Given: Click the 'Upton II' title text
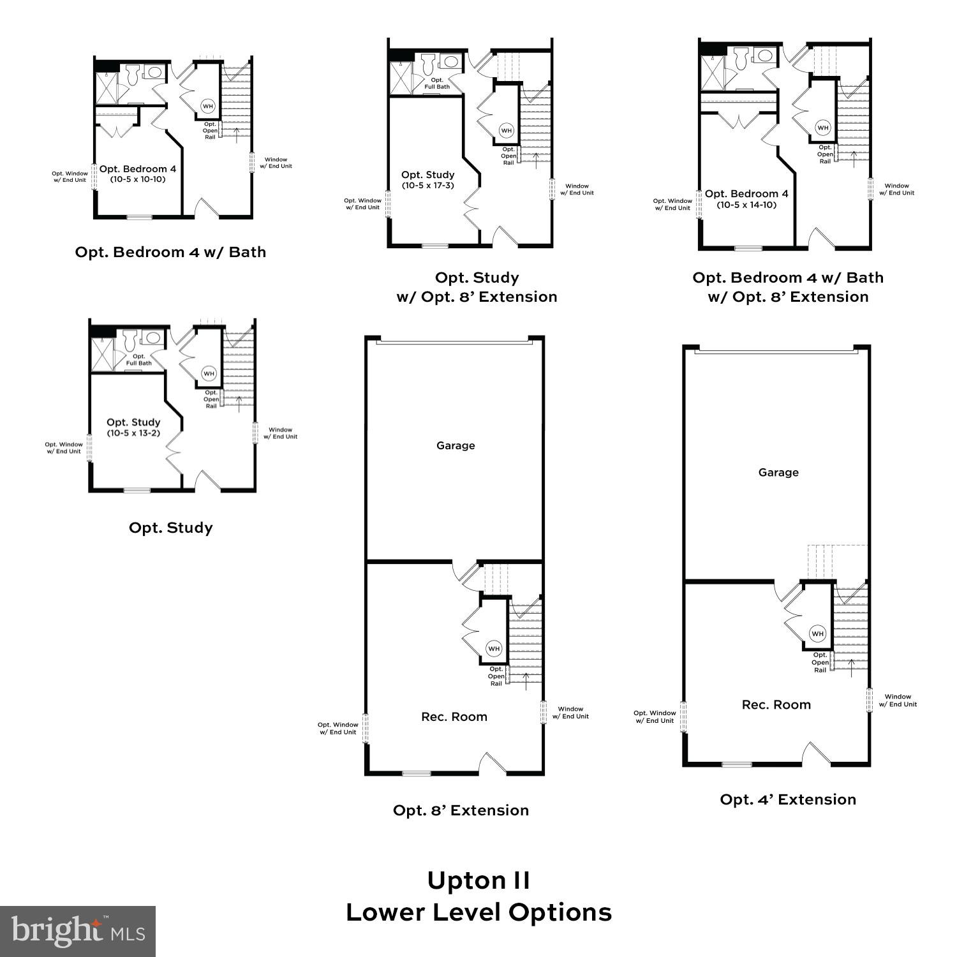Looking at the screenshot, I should (478, 880).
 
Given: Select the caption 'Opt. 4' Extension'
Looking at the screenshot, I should (788, 799).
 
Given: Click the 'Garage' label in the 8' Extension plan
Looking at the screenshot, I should (456, 445).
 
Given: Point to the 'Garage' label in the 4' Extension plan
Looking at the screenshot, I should (778, 472).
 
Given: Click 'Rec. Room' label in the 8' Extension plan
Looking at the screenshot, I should (454, 716).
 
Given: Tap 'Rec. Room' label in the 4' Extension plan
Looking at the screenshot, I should (776, 704).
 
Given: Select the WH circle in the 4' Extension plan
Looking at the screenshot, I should (817, 634).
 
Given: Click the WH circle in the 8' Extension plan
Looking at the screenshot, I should (494, 648).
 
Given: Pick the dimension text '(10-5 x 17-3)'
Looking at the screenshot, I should (428, 186).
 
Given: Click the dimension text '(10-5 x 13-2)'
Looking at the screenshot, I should (133, 433).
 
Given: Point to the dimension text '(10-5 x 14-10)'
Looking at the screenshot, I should (746, 205).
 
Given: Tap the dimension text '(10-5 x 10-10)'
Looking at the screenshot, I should (137, 179).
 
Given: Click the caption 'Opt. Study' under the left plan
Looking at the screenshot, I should (170, 528).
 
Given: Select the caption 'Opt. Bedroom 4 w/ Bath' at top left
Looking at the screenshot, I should (170, 252).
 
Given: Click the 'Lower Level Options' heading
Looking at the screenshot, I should (478, 912).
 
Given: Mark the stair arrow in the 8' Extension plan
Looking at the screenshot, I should (526, 680).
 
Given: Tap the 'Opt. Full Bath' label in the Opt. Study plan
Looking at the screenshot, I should (138, 360).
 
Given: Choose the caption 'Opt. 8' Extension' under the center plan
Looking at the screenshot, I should (461, 810).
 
